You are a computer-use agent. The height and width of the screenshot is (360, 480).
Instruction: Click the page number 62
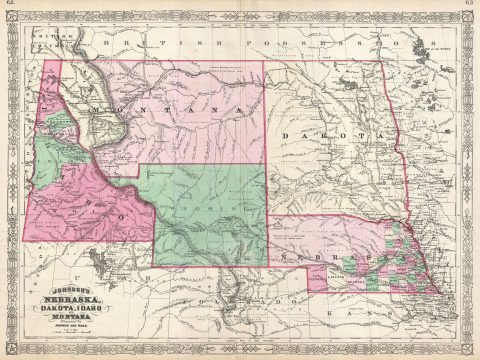7,5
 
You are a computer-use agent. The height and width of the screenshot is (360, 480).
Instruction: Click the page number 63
472,5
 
